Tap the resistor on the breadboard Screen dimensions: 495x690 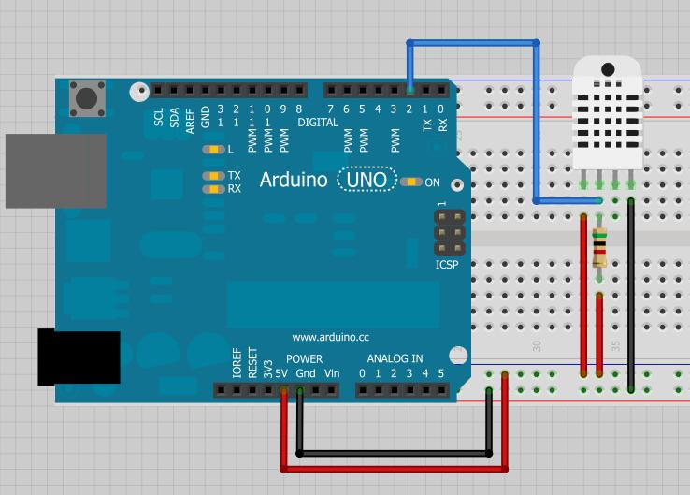(x=599, y=247)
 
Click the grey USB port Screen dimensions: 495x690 (x=55, y=170)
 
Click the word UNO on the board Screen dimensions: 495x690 (x=366, y=180)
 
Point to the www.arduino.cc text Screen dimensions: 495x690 (x=330, y=337)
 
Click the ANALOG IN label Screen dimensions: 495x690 (x=395, y=358)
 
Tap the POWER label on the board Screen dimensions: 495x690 (x=304, y=358)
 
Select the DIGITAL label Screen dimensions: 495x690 (x=318, y=123)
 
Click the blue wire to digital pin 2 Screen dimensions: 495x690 (x=472, y=42)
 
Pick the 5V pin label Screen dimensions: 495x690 (x=283, y=374)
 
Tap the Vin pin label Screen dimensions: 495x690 (x=331, y=374)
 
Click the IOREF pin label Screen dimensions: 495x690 (x=237, y=363)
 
